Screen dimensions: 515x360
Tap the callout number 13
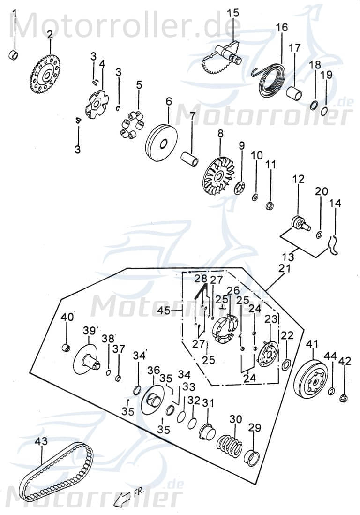point(289,257)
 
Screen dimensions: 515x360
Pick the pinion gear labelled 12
point(298,222)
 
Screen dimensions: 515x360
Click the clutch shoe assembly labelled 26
point(225,327)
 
